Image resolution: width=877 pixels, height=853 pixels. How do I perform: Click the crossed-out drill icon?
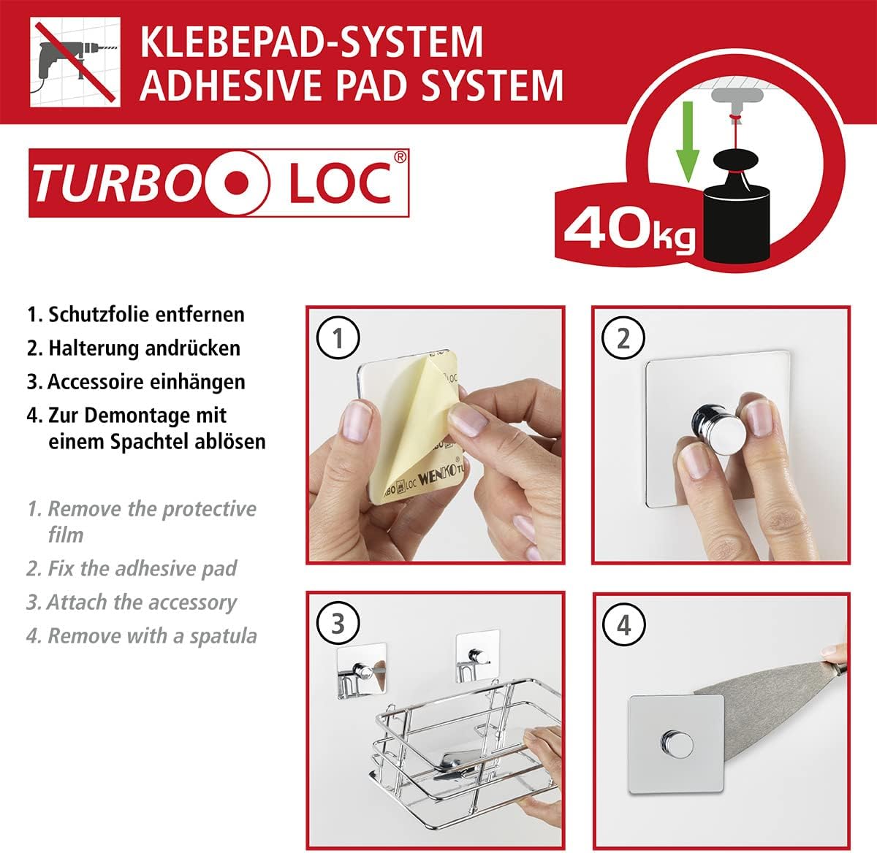pyautogui.click(x=75, y=64)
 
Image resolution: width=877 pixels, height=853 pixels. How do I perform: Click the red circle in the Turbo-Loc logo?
pyautogui.click(x=235, y=183)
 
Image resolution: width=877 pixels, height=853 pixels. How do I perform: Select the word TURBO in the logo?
pyautogui.click(x=117, y=183)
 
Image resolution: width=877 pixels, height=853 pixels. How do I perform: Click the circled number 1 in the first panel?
pyautogui.click(x=338, y=339)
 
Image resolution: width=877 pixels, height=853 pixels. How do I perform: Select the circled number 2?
pyautogui.click(x=623, y=339)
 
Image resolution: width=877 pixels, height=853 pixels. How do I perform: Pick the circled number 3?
pyautogui.click(x=338, y=624)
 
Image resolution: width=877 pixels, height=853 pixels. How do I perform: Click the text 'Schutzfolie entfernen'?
pyautogui.click(x=146, y=315)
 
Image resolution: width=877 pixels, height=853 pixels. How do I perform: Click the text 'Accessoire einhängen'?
pyautogui.click(x=146, y=382)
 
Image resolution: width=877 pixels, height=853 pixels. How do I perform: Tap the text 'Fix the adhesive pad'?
pyautogui.click(x=142, y=569)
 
